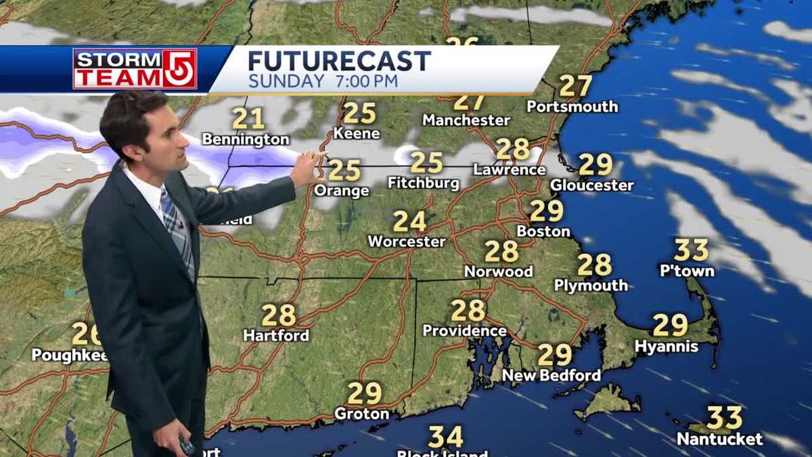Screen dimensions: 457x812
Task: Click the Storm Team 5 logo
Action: tap(135, 68)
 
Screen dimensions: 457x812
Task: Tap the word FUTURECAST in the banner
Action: tap(339, 62)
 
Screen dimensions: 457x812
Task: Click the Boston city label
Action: tap(543, 231)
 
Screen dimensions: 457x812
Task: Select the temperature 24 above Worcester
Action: tap(409, 221)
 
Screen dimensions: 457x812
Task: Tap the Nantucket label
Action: tap(719, 439)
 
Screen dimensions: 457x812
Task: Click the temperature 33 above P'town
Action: tap(691, 250)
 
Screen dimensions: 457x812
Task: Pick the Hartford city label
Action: tap(276, 335)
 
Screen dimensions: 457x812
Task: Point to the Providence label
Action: tap(464, 330)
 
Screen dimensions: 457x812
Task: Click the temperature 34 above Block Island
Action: tap(445, 437)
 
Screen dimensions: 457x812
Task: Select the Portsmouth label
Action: tap(572, 106)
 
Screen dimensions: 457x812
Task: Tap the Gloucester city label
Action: tap(591, 185)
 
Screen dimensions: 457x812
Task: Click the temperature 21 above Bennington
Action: tap(248, 119)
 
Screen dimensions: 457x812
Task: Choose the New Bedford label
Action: tap(551, 375)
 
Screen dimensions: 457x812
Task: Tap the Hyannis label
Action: tap(666, 347)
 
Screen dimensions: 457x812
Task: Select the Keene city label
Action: tap(357, 133)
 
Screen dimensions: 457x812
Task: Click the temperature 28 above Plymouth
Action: tap(594, 265)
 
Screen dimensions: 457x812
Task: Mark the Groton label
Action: tap(362, 414)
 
